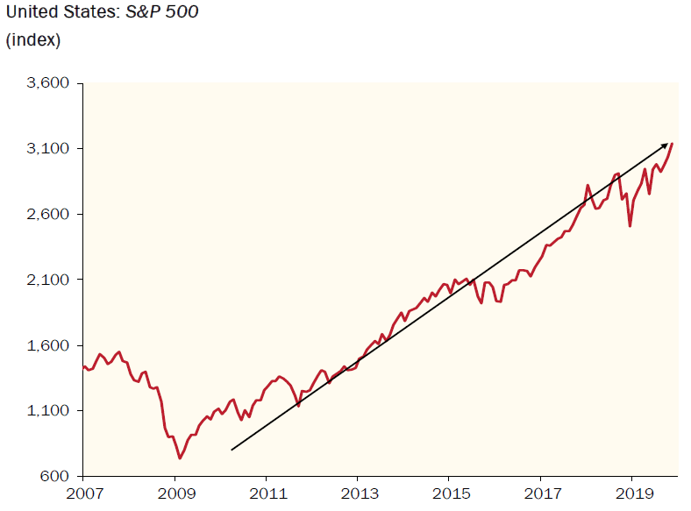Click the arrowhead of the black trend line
[666, 145]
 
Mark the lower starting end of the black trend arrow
[232, 450]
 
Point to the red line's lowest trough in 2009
[180, 458]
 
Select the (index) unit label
[33, 39]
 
